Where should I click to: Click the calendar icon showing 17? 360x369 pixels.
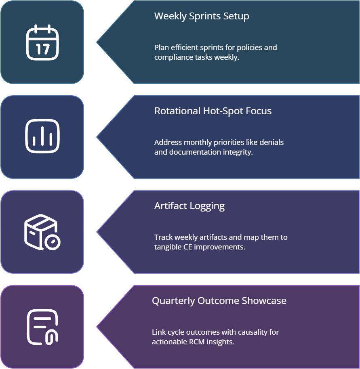42,42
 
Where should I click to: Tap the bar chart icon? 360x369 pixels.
42,136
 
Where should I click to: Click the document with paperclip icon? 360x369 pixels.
42,327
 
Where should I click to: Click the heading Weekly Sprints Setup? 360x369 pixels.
202,16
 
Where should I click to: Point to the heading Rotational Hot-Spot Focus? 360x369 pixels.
213,111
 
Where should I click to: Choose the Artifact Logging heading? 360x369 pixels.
189,206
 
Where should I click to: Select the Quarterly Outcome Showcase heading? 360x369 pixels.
219,301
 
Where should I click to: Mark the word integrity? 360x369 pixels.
238,152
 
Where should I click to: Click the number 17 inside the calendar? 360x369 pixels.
42,49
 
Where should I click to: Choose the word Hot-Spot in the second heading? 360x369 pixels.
222,111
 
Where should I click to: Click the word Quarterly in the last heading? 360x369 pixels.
173,301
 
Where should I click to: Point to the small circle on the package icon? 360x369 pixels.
53,242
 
